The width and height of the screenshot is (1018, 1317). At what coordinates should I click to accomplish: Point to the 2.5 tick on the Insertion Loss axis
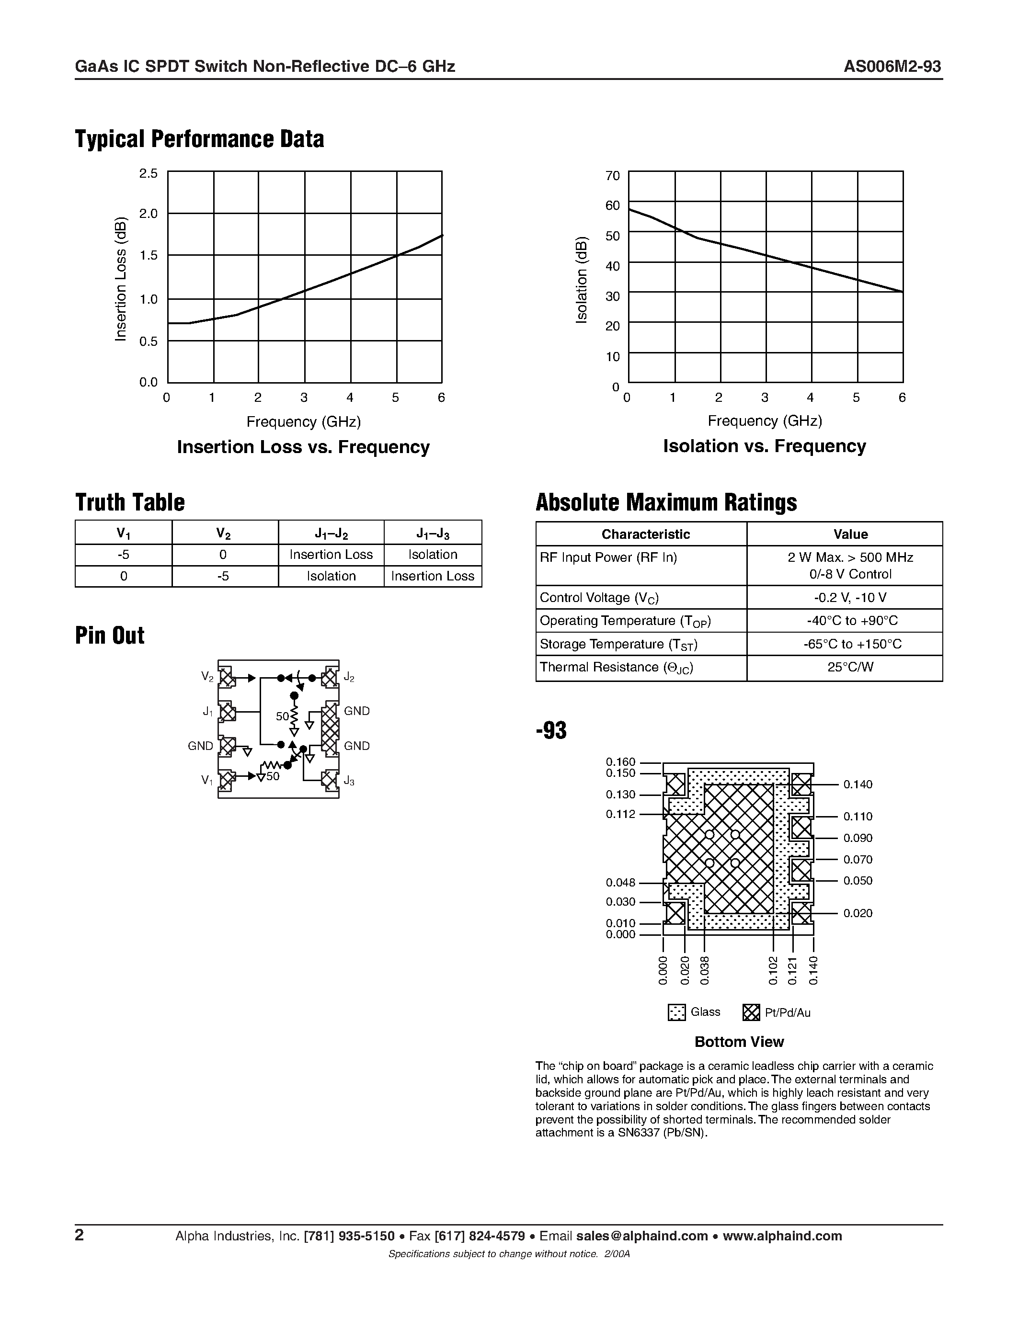click(x=149, y=174)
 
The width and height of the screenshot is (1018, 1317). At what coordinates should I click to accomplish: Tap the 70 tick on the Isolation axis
click(x=612, y=175)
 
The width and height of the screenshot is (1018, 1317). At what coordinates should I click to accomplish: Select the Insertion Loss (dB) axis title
click(x=121, y=279)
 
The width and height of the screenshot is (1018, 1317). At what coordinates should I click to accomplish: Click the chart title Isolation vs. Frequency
click(x=764, y=446)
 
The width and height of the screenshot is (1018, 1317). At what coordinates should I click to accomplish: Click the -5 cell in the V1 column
click(x=123, y=555)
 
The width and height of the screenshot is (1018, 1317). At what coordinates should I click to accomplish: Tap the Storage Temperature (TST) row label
click(x=618, y=644)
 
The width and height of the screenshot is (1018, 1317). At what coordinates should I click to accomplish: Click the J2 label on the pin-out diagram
click(x=349, y=678)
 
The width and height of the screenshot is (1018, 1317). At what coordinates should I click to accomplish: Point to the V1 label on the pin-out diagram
click(x=207, y=780)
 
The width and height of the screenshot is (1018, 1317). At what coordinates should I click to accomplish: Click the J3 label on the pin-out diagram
click(x=349, y=782)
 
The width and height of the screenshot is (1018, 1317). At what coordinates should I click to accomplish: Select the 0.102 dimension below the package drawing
click(x=774, y=970)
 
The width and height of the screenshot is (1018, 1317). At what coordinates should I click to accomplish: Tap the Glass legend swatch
click(x=676, y=1012)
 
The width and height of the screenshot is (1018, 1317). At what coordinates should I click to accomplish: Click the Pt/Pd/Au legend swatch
click(x=751, y=1012)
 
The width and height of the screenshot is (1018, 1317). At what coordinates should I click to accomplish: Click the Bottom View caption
click(x=739, y=1042)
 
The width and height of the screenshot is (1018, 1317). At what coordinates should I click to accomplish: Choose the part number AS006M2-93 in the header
click(x=892, y=67)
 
